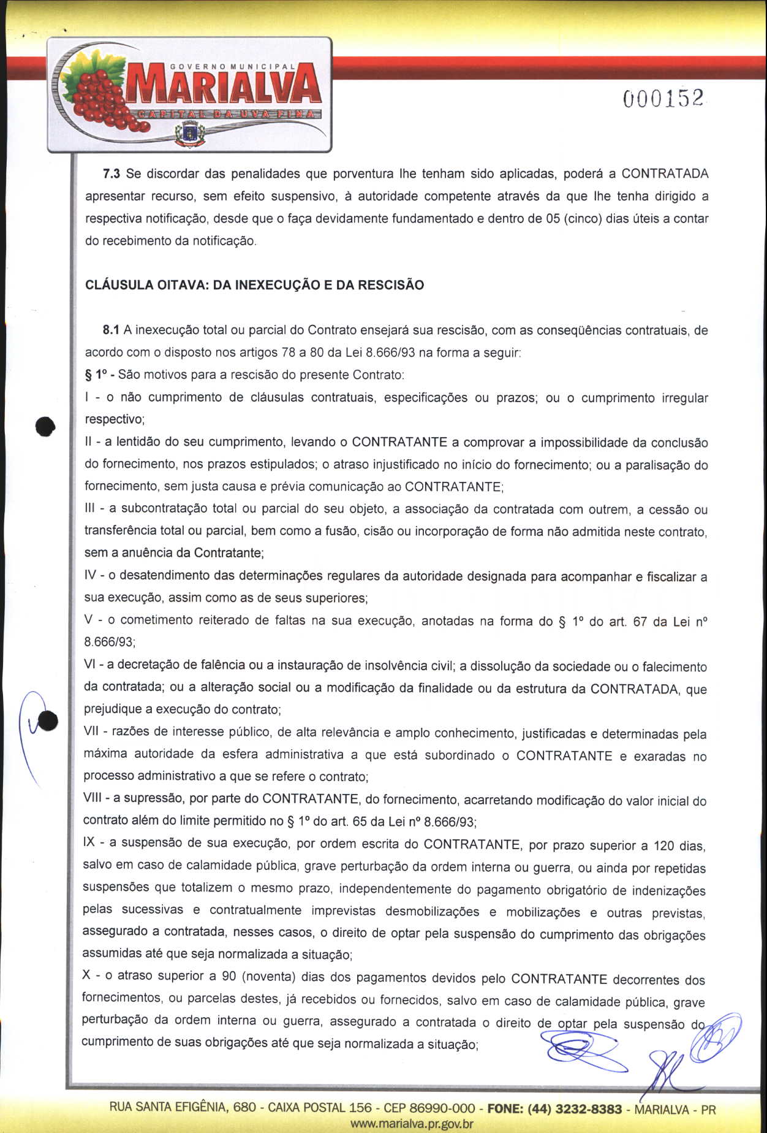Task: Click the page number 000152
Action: point(663,99)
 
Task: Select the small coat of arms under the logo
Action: point(190,133)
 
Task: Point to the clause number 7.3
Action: point(111,174)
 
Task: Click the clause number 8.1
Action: point(111,330)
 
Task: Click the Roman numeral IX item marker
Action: point(89,842)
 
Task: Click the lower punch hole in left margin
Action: point(48,721)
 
